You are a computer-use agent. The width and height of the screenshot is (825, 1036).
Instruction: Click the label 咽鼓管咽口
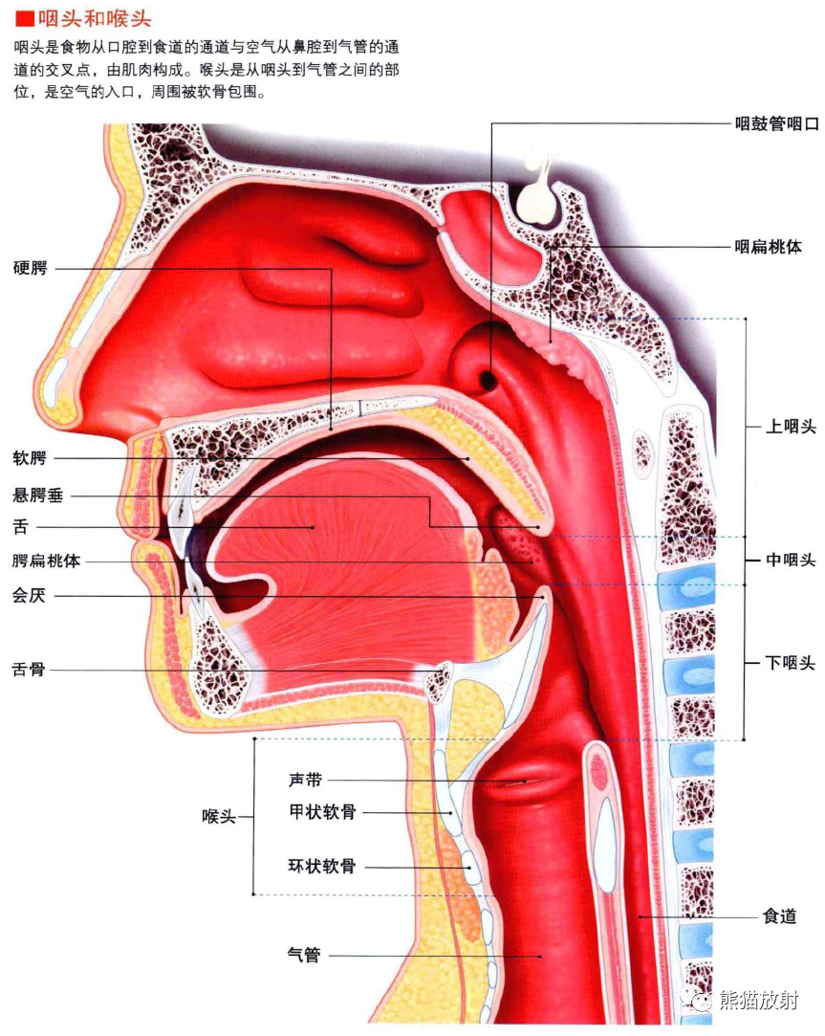coord(777,123)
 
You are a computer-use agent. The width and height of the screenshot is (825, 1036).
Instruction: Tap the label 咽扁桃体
coord(769,247)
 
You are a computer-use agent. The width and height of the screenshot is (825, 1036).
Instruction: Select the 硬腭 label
coord(31,268)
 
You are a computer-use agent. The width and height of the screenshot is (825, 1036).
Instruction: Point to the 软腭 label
coord(30,458)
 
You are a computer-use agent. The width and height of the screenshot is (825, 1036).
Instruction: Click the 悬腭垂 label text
coord(38,495)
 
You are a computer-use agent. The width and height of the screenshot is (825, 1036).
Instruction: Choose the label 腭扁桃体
coord(46,561)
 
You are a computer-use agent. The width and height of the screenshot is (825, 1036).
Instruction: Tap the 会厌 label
coord(29,595)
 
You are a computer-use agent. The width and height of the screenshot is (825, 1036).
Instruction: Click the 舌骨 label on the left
coord(29,670)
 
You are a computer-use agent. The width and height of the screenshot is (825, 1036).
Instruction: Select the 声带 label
coord(305,780)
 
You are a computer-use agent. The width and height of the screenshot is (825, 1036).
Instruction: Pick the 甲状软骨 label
coord(322,811)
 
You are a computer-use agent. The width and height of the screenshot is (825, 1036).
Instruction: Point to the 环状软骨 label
coord(322,866)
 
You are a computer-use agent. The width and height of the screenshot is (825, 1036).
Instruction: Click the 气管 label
coord(304,955)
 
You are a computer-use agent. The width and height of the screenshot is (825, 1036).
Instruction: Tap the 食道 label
coord(779,916)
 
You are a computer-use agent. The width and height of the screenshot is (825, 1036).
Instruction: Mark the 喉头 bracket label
coord(219,817)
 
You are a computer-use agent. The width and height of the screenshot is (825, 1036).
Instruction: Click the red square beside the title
coord(25,18)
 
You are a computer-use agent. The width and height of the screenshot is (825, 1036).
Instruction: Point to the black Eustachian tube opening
coord(488,379)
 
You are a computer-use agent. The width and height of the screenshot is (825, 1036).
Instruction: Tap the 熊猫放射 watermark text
coord(759,1001)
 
